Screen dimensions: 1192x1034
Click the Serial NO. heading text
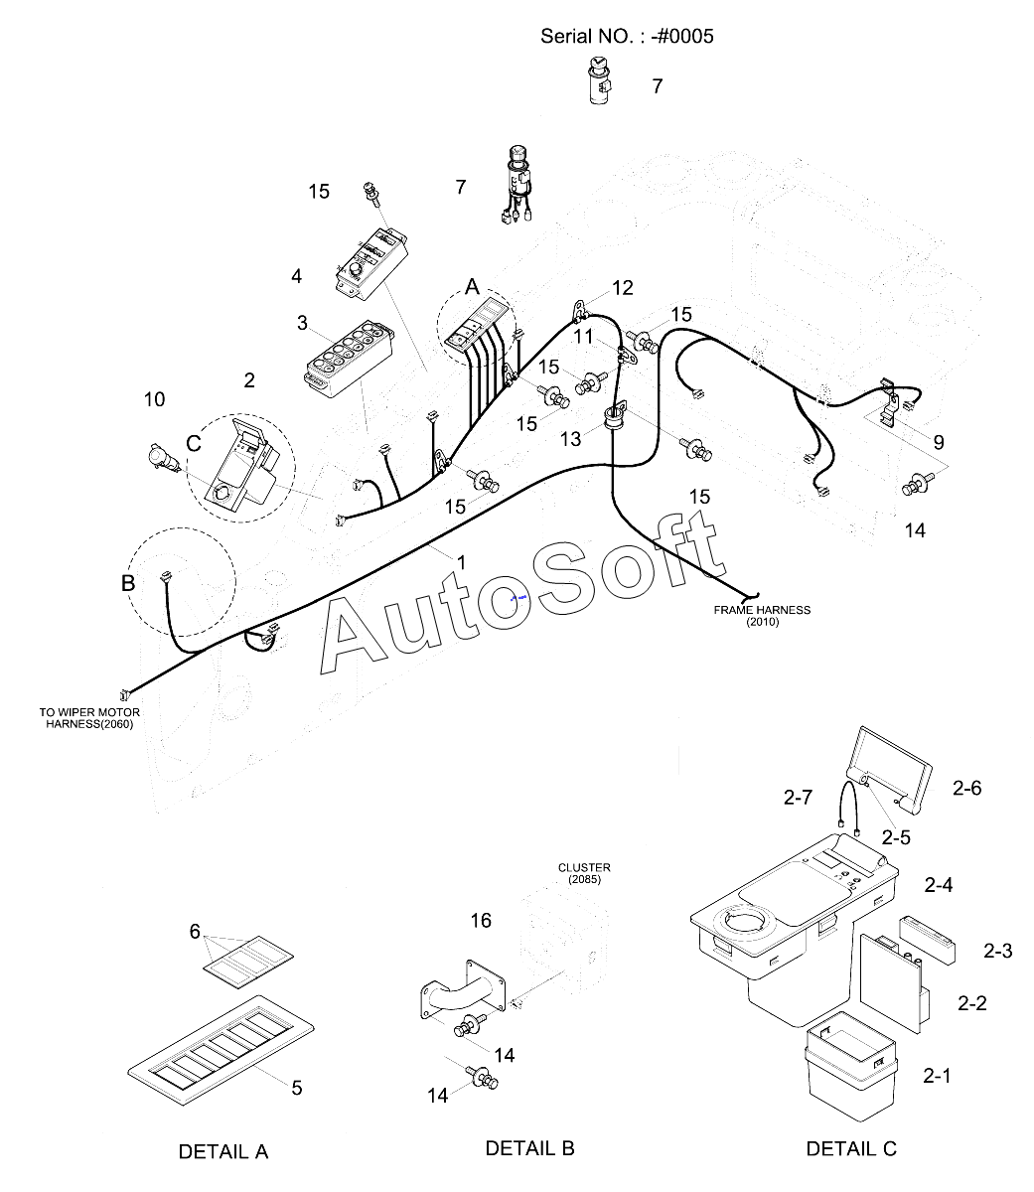[627, 37]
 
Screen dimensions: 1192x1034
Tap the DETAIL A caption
[223, 1151]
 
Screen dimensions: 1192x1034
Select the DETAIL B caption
[529, 1148]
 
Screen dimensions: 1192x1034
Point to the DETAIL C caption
[851, 1148]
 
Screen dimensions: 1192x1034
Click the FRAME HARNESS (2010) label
[762, 616]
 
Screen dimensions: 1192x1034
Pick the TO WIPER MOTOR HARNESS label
[89, 718]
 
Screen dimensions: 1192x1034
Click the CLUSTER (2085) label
[583, 874]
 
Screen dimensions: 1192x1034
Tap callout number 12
[623, 288]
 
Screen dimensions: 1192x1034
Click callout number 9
[939, 442]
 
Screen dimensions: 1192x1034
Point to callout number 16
[481, 921]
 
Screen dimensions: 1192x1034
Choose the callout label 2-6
[966, 788]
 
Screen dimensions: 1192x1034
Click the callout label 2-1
[937, 1075]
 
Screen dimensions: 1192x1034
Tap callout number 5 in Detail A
[296, 1088]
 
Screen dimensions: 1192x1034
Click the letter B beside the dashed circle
[128, 583]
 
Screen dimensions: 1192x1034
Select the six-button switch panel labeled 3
[348, 359]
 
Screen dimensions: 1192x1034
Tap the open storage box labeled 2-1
[849, 1068]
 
